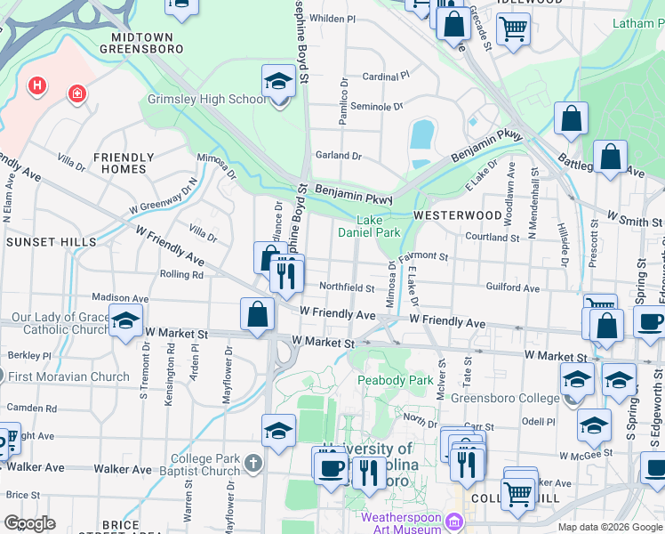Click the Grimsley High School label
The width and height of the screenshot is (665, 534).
point(207,100)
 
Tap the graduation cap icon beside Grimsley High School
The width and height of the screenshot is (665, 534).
point(279,83)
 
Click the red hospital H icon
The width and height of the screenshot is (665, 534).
point(37,86)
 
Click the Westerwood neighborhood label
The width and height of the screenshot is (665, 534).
point(457,215)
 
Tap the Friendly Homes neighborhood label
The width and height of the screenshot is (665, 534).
point(124,163)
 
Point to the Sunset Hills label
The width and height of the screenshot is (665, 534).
point(49,242)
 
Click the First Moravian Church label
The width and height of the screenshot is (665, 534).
point(69,376)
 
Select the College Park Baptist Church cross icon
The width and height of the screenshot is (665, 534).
point(253,463)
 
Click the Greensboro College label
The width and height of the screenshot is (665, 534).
point(504,397)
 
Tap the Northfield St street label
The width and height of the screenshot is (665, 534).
point(347,287)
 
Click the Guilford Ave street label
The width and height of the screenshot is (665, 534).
point(513,288)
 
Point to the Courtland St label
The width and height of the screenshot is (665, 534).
point(493,238)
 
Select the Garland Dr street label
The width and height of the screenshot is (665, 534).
point(339,155)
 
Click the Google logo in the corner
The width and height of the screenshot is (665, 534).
point(29,523)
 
